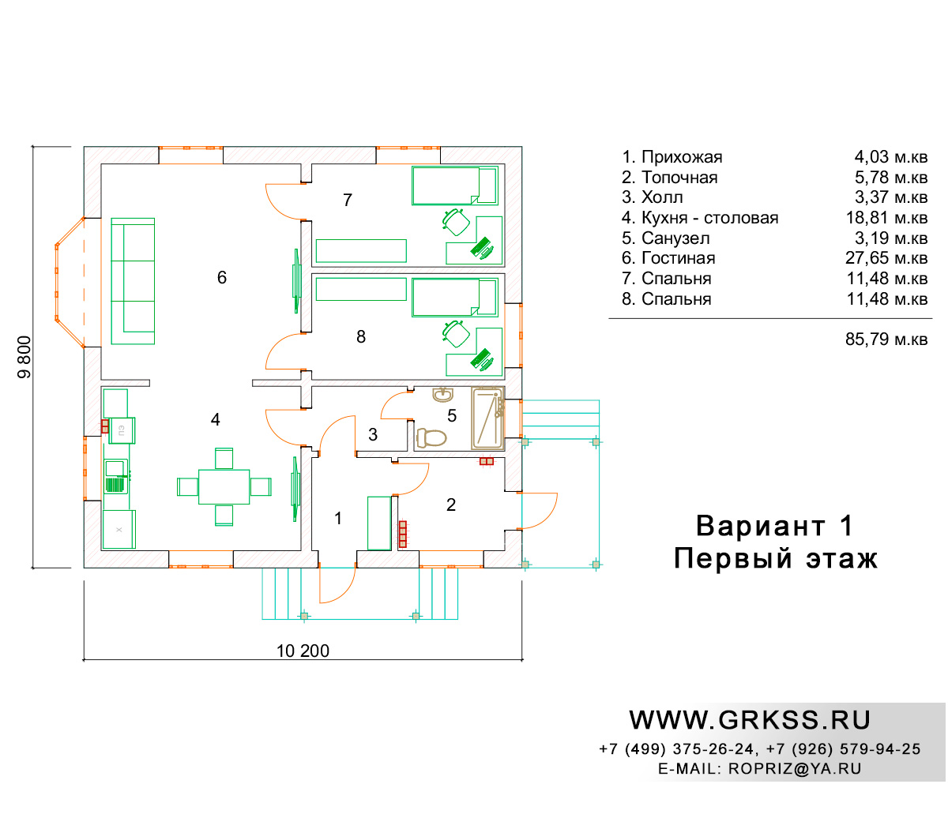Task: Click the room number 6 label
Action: [221, 277]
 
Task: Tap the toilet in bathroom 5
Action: [431, 437]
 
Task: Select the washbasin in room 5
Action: [443, 395]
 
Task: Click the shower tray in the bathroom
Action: [487, 418]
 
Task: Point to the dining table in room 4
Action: [224, 487]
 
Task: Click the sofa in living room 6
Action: [133, 281]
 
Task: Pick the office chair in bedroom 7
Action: [456, 222]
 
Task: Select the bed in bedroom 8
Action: [454, 298]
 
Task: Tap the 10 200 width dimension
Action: [303, 651]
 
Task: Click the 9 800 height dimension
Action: [24, 357]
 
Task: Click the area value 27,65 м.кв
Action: [886, 258]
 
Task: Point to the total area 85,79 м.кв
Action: [886, 339]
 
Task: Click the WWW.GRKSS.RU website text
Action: [750, 720]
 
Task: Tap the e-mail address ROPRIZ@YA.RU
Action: [795, 768]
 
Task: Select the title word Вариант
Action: [761, 526]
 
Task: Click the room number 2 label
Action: [451, 505]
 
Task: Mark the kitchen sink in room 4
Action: [115, 476]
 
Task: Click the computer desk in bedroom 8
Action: [475, 352]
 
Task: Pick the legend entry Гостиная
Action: [668, 258]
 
